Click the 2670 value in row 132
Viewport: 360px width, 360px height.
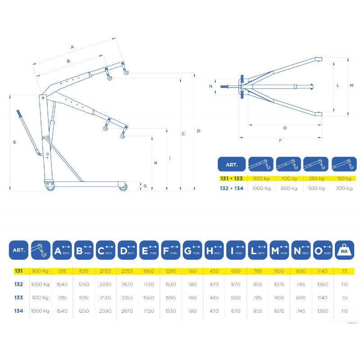click(127, 284)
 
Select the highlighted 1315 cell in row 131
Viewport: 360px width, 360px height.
click(62, 271)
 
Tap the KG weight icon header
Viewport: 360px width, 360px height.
click(344, 250)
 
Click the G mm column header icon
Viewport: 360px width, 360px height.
click(193, 250)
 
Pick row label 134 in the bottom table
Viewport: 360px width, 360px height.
click(18, 311)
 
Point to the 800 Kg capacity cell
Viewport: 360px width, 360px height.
click(289, 189)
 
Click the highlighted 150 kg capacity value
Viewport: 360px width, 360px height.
click(344, 178)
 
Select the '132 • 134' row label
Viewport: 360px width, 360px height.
click(231, 189)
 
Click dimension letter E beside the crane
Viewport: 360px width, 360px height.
click(15, 142)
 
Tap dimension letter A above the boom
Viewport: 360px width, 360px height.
click(72, 47)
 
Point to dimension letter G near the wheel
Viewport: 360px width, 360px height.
click(145, 186)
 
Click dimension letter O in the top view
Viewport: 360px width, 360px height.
click(285, 128)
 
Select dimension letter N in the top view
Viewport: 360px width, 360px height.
click(211, 86)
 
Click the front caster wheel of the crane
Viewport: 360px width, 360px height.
click(122, 187)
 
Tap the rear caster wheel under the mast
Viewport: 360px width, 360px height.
click(50, 186)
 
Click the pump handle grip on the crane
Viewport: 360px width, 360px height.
click(19, 113)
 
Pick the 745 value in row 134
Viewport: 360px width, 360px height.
click(301, 311)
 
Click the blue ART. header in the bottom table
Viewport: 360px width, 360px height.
click(18, 250)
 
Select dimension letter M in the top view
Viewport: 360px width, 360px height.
click(351, 85)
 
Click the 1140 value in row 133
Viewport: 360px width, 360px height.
click(322, 297)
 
